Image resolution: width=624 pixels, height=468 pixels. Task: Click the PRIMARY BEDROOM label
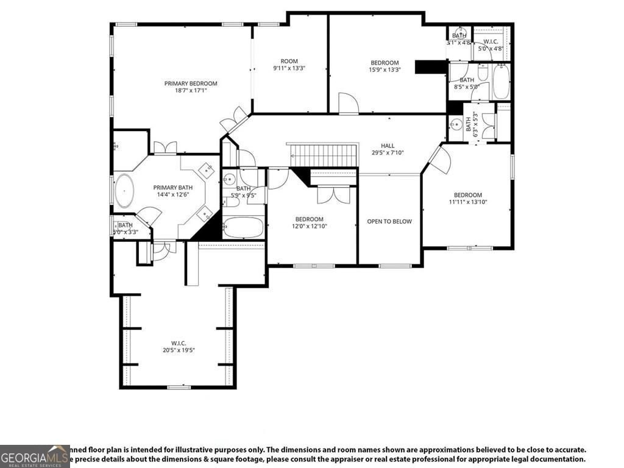click(190, 83)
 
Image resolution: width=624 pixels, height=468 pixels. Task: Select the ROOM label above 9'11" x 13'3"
click(289, 61)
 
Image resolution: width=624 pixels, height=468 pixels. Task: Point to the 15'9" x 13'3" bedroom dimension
click(385, 70)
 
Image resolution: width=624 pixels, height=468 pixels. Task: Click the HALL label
click(388, 145)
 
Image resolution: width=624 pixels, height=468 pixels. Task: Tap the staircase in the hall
click(323, 155)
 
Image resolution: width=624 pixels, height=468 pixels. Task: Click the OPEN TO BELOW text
click(389, 221)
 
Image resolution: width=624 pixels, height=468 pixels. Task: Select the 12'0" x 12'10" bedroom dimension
click(310, 227)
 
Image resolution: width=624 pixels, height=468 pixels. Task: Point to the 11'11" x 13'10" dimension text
click(467, 202)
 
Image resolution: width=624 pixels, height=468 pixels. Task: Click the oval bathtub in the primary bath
click(124, 191)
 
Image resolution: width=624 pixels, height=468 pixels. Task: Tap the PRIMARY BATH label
click(172, 188)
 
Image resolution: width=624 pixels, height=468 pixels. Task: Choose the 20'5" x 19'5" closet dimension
click(178, 350)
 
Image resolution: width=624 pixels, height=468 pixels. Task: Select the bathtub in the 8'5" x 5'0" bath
click(500, 82)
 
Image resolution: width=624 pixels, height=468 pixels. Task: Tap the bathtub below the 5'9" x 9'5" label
click(243, 228)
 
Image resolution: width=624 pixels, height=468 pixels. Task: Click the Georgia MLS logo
click(35, 456)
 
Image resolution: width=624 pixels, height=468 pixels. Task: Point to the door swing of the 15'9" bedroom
click(348, 103)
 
